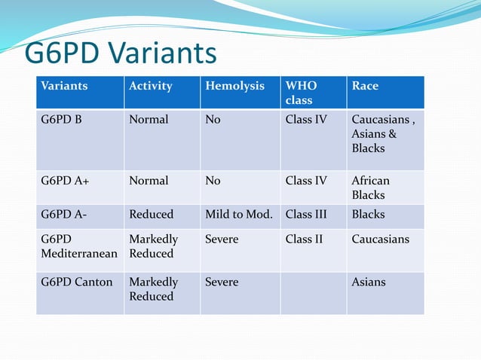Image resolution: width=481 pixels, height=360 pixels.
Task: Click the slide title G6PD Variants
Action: click(x=121, y=53)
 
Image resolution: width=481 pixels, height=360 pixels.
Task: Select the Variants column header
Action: click(x=64, y=86)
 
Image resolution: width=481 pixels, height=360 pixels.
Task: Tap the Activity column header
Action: click(x=151, y=86)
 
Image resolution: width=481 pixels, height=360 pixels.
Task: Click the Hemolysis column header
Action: click(x=234, y=86)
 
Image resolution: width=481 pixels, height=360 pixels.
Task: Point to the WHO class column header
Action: click(x=302, y=93)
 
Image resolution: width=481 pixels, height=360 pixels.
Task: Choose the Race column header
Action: click(x=365, y=86)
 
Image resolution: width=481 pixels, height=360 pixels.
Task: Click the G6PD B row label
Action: click(x=61, y=119)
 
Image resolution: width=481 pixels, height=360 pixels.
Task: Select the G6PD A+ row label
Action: click(x=63, y=181)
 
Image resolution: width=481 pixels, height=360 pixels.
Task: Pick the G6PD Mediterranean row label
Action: click(x=79, y=246)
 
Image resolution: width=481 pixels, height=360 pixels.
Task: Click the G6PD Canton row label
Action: click(x=76, y=282)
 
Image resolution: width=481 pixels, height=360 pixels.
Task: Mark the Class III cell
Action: click(x=306, y=214)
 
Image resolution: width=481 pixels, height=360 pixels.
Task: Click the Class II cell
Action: click(x=304, y=239)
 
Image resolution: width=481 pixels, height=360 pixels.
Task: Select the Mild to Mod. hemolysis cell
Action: click(x=238, y=214)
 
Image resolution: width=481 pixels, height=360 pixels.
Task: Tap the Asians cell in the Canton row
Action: click(x=368, y=282)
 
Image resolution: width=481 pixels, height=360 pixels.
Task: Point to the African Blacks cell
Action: click(x=370, y=188)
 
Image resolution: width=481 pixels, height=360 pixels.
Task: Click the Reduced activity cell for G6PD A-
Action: click(x=151, y=214)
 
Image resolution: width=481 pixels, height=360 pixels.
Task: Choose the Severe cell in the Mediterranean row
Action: click(x=222, y=239)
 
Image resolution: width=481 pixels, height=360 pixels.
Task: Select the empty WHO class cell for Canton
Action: click(x=313, y=292)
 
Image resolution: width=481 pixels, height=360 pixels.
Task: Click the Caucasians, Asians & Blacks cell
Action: click(x=383, y=133)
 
